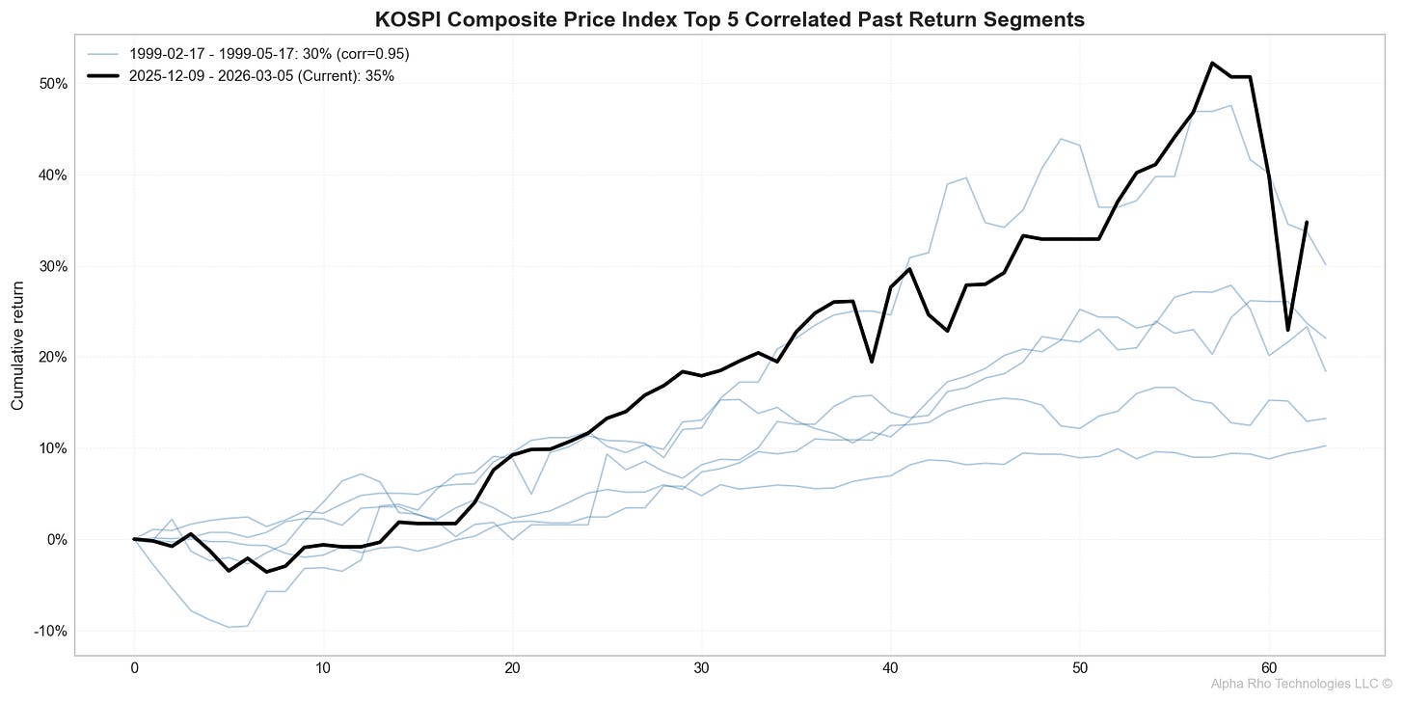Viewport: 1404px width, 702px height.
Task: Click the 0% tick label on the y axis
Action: (x=55, y=540)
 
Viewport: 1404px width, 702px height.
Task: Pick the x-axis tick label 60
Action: (x=1269, y=667)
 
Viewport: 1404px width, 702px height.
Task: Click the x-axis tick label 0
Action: (x=134, y=667)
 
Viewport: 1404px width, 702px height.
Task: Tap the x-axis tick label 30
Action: (x=702, y=667)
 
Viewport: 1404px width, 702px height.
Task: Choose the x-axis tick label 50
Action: (x=1080, y=667)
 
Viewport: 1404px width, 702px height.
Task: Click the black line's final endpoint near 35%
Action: (x=1307, y=222)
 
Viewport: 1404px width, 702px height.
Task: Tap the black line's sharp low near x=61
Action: (x=1288, y=331)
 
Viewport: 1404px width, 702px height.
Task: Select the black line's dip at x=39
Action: (x=872, y=362)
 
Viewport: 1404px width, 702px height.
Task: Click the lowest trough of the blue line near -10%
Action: (x=229, y=627)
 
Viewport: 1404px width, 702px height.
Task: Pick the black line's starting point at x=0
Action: (x=134, y=539)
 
